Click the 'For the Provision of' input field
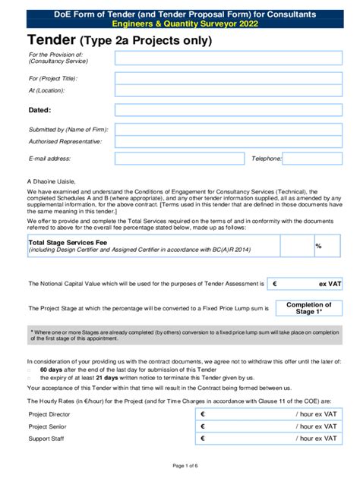228,58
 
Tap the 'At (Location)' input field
228,91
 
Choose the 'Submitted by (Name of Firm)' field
228,130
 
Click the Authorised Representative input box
228,142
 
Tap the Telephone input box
312,159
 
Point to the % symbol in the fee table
318,246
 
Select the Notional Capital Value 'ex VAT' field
306,283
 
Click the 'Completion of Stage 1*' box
306,308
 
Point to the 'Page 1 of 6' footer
179,464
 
